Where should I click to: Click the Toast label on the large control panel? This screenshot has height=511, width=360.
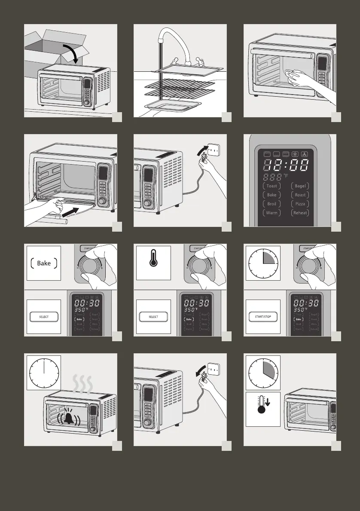pyautogui.click(x=272, y=186)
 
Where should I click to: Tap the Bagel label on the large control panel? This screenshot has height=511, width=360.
pyautogui.click(x=300, y=186)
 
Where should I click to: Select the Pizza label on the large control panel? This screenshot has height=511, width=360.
pyautogui.click(x=300, y=204)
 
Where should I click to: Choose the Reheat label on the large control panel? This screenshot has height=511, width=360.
pyautogui.click(x=300, y=213)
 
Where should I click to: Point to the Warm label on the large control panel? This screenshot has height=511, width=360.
pyautogui.click(x=272, y=213)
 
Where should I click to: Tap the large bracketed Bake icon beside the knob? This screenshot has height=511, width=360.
pyautogui.click(x=44, y=263)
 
